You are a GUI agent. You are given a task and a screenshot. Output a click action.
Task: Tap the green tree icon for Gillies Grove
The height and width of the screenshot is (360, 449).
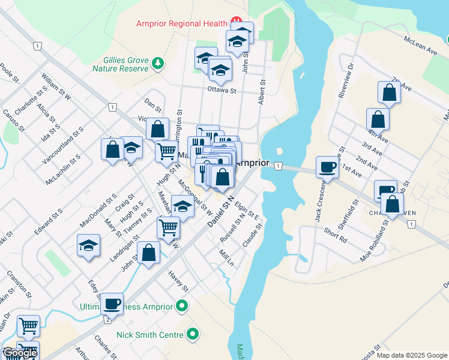coord(158,63)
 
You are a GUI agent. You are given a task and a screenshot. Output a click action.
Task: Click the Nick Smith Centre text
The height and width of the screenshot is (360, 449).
coord(151,334)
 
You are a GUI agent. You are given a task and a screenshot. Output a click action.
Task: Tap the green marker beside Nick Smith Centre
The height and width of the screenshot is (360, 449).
coord(193,334)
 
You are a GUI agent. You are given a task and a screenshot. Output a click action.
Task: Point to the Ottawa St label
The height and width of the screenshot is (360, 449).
coord(222,91)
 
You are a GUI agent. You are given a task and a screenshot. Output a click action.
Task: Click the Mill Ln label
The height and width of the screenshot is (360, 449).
coord(226,259)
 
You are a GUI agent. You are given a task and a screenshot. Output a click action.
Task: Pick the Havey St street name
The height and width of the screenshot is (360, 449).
coord(179,280)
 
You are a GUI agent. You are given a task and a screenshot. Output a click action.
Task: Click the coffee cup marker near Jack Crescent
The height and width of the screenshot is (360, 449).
coord(328,166)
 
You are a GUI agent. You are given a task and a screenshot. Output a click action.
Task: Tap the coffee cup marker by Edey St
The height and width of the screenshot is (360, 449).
coord(112,304)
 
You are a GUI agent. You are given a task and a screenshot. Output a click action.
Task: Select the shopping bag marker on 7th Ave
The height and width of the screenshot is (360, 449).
coord(389,92)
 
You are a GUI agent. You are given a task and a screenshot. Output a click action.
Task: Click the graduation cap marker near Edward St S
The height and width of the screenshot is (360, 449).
coord(89,245)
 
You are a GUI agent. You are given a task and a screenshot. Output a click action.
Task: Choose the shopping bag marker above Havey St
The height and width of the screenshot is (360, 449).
coord(148,252)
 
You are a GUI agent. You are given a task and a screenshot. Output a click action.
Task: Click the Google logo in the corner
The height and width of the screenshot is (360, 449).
coord(20,353)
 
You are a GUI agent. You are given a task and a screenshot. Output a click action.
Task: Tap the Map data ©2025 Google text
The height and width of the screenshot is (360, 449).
coord(411,355)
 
